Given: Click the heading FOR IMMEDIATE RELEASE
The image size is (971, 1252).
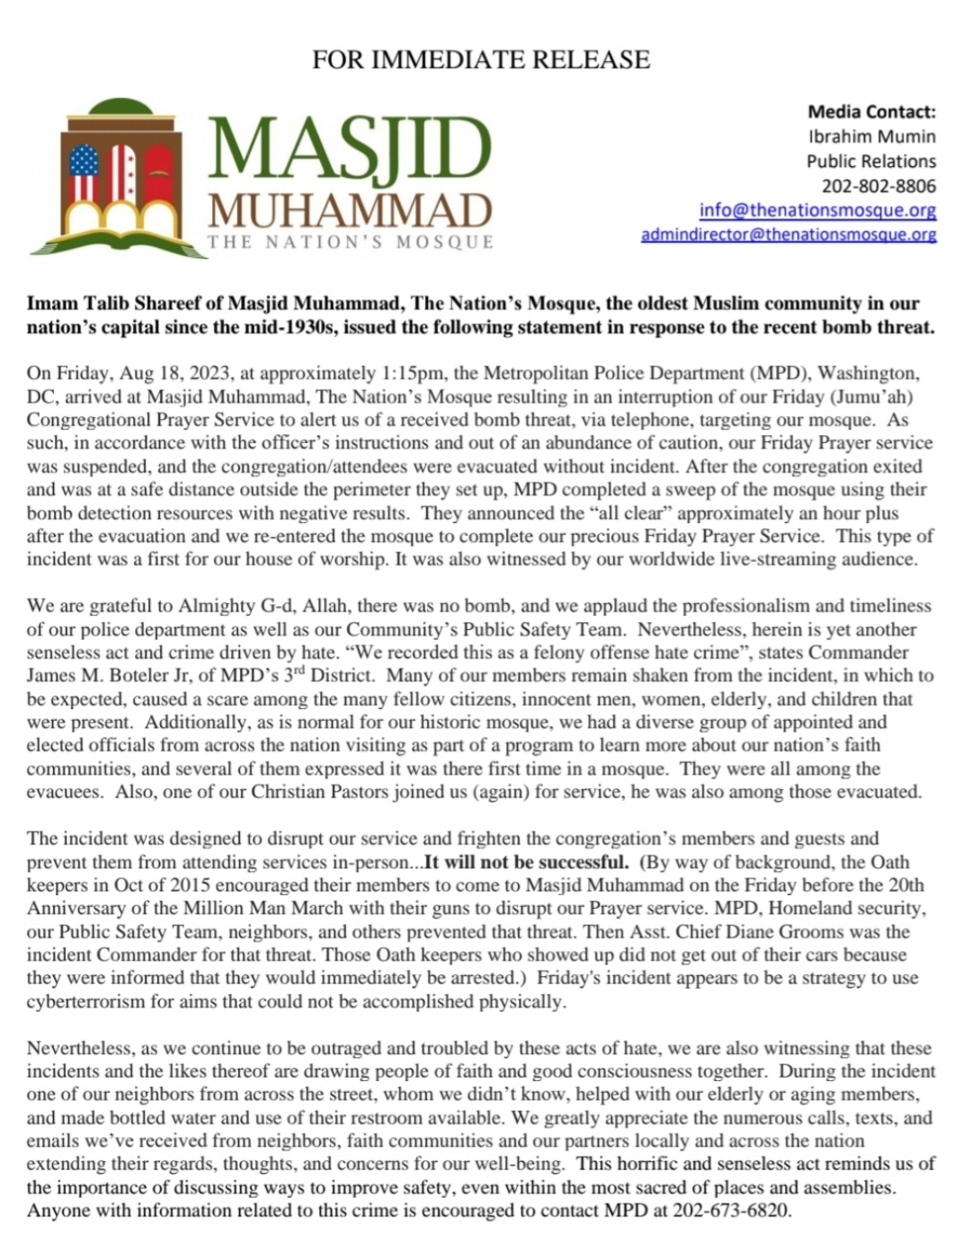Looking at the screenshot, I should pos(480,59).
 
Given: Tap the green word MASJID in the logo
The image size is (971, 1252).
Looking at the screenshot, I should pos(351,147).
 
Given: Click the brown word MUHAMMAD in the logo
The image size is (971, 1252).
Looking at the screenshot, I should pos(351,212).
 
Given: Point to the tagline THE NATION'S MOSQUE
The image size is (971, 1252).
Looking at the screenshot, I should pos(351,243).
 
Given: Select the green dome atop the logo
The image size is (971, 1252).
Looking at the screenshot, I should pos(122,106).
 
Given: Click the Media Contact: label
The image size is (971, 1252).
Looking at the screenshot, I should pos(871,112).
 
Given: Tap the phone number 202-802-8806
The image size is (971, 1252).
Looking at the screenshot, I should pos(878,186).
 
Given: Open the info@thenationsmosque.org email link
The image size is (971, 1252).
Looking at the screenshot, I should pos(817,210).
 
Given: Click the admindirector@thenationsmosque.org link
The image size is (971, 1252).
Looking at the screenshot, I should pos(788,235).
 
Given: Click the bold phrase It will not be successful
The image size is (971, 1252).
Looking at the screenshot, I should pos(526,862).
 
